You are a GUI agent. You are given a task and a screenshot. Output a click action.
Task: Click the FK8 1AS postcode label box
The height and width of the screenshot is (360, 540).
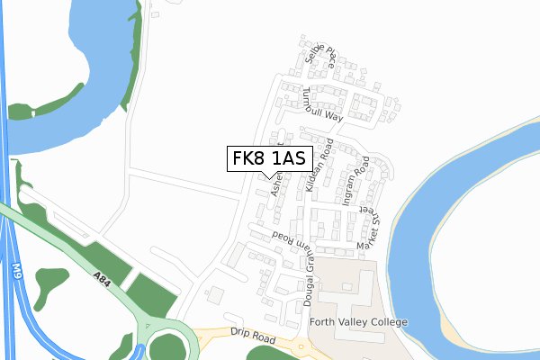pos(270,159)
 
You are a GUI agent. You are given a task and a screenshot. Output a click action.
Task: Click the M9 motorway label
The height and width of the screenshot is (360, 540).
pos(17,271)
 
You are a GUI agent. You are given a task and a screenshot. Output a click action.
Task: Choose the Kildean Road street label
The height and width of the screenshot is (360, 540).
pos(320,159)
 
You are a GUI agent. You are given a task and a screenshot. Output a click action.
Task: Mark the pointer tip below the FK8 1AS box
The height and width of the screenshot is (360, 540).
pos(270,177)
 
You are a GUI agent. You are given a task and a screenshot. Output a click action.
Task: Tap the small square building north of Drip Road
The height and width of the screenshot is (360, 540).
pos(215,294)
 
